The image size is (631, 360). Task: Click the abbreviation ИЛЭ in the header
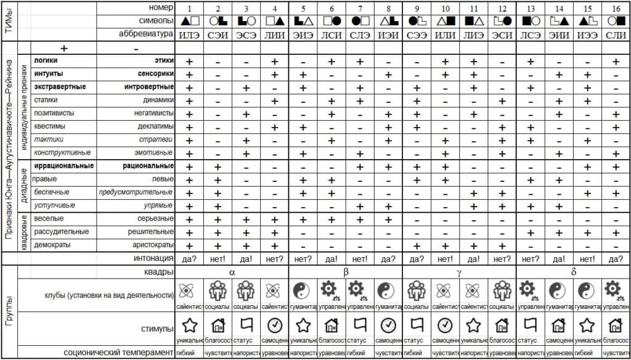click(x=189, y=35)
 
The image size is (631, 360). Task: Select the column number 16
click(x=616, y=7)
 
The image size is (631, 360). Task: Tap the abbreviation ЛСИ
click(x=332, y=35)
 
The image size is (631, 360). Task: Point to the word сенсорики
click(x=155, y=74)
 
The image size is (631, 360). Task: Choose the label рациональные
click(x=149, y=166)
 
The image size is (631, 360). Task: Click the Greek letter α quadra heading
click(x=232, y=271)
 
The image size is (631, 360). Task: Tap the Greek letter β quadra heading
click(x=346, y=271)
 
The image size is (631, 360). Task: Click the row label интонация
click(x=153, y=258)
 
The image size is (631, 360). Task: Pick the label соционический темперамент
click(x=118, y=353)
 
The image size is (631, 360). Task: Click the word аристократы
click(x=151, y=245)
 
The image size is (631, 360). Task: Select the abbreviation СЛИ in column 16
click(x=616, y=35)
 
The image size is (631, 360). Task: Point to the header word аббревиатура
click(x=146, y=35)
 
